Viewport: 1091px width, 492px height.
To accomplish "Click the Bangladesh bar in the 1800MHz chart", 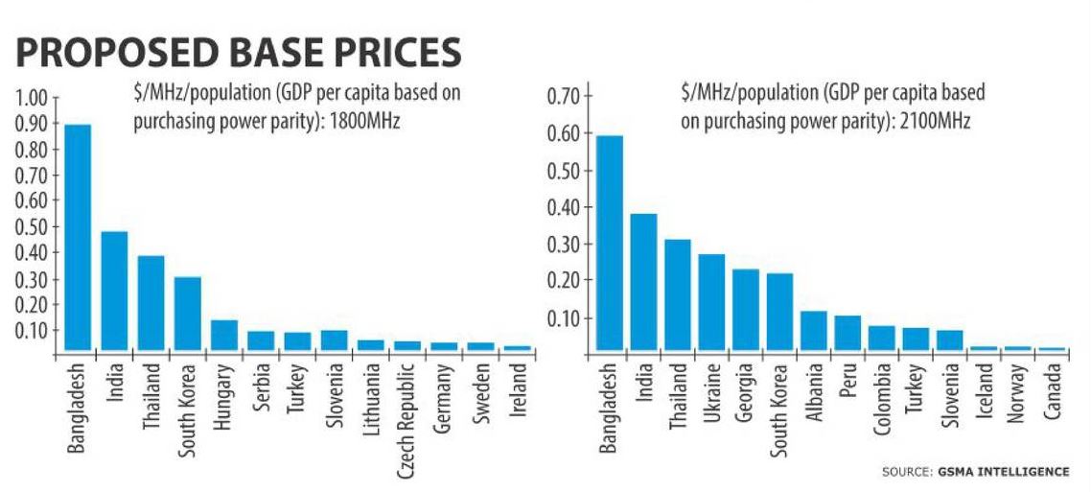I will point(78,240).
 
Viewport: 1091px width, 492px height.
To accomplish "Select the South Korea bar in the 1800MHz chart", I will point(188,316).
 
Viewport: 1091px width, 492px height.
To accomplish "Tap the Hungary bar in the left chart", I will point(224,337).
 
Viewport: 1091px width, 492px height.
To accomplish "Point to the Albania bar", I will point(813,332).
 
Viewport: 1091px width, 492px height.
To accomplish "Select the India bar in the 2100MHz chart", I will point(643,284).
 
